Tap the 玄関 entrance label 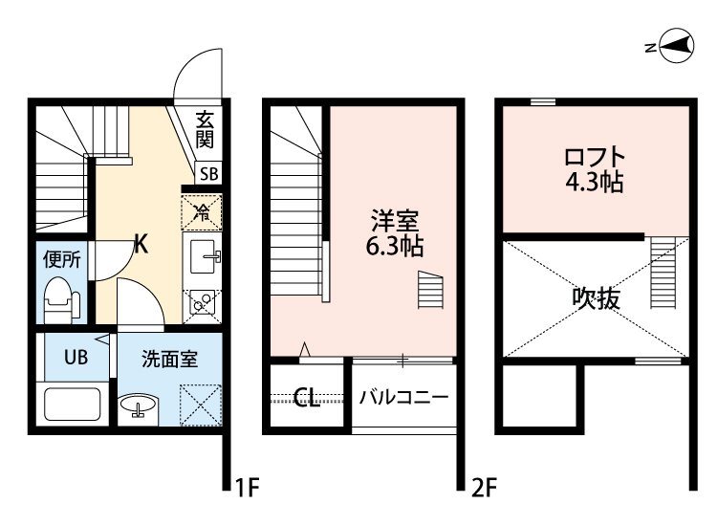[x=205, y=130]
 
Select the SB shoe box [x=209, y=174]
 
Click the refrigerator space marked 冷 [x=202, y=211]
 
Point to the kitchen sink [x=203, y=256]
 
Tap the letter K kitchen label [x=141, y=245]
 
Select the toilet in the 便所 [x=62, y=300]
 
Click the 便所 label [x=62, y=260]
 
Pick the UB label [x=76, y=358]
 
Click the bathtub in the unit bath [x=73, y=405]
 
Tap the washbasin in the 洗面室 [x=138, y=405]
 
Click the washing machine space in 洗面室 [x=201, y=405]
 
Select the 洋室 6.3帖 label [x=394, y=233]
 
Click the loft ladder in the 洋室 [x=430, y=290]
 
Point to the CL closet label [x=306, y=398]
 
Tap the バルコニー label [x=403, y=397]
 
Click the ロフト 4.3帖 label [x=595, y=169]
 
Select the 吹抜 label [x=596, y=298]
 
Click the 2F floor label [x=485, y=488]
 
